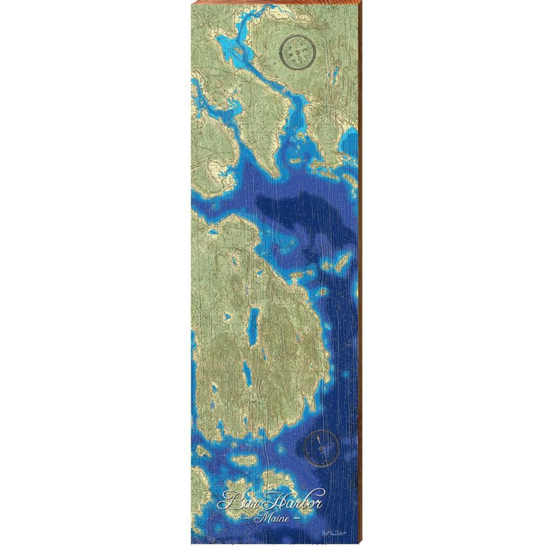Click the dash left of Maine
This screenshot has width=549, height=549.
[248, 518]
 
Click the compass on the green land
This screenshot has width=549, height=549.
[298, 51]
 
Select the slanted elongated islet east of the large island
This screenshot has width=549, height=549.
[342, 262]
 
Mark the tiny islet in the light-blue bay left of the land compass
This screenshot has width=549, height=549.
[234, 50]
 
